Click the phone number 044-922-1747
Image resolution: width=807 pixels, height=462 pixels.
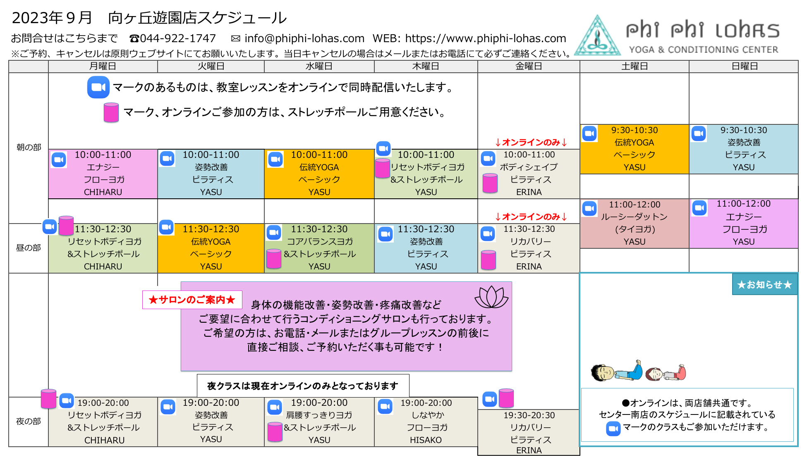point(178,38)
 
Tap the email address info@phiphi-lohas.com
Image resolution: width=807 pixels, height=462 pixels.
point(304,38)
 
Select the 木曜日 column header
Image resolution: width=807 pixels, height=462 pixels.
point(426,66)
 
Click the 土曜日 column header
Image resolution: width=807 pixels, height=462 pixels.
point(634,66)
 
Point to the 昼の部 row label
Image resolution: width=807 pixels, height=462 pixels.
point(28,248)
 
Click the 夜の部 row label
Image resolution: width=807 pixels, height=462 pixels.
point(28,422)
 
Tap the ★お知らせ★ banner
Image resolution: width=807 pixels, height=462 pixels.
point(764,285)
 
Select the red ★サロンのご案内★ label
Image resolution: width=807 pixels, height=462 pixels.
point(192,300)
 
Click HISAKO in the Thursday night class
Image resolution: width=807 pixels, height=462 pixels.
point(426,440)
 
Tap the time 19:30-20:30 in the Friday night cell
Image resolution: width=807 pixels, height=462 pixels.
point(529,415)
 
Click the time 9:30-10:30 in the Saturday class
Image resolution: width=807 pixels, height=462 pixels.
point(634,130)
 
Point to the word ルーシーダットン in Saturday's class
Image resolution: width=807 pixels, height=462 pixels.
point(634,217)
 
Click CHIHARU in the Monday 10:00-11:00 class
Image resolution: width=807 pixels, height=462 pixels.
point(103,192)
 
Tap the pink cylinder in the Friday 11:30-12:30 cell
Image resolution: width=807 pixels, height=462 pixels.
point(489,260)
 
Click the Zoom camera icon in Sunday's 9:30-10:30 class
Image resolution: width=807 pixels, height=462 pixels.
point(699,133)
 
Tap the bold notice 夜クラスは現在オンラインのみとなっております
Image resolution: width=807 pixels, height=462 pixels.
point(302,386)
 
